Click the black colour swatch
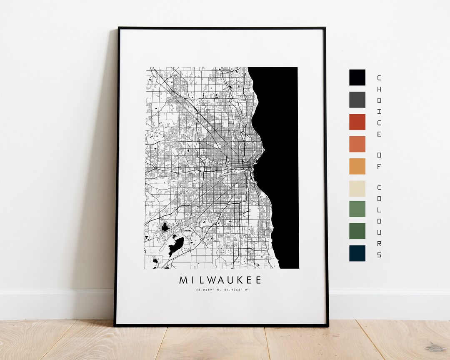click(x=357, y=77)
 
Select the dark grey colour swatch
click(x=357, y=100)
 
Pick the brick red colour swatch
click(x=357, y=122)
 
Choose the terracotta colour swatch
click(x=357, y=144)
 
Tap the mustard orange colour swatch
click(x=357, y=166)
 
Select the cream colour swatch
click(x=357, y=188)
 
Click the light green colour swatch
click(x=357, y=209)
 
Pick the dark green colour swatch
click(x=357, y=231)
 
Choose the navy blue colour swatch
click(x=357, y=253)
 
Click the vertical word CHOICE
click(x=379, y=106)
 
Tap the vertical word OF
click(x=379, y=160)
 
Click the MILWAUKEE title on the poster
click(x=220, y=280)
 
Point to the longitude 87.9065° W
click(x=235, y=290)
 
